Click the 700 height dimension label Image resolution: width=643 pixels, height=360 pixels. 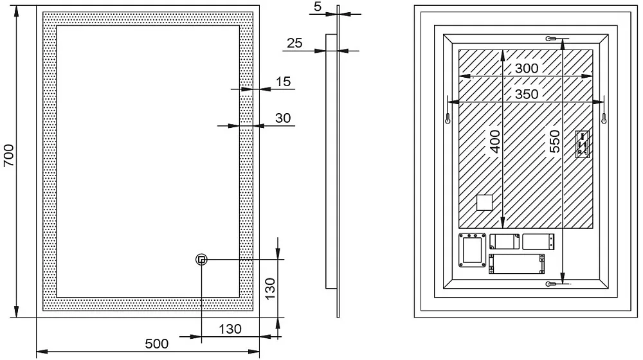(9, 156)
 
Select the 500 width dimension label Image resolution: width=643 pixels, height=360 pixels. (157, 343)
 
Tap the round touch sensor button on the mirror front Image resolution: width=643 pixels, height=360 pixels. (201, 259)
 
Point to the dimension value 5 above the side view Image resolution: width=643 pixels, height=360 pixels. (318, 6)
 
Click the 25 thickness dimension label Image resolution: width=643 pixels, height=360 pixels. (294, 42)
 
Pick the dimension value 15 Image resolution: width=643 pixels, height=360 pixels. (283, 82)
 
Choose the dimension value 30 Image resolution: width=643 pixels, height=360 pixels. (283, 118)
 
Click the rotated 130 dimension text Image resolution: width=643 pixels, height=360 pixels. (270, 288)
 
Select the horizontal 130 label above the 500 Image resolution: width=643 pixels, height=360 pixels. (230, 329)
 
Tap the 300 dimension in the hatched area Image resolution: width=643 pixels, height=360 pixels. (527, 68)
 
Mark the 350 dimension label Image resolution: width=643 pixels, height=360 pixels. (527, 94)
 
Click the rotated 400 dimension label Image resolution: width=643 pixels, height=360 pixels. (495, 141)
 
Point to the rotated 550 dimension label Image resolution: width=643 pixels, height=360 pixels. (554, 141)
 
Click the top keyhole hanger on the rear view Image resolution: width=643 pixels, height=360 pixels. (552, 39)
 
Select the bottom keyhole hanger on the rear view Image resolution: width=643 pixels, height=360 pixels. (552, 283)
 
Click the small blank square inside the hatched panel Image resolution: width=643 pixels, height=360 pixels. (484, 203)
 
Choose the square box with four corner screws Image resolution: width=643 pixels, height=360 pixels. (473, 250)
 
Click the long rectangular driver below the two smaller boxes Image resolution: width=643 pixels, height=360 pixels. (517, 264)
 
